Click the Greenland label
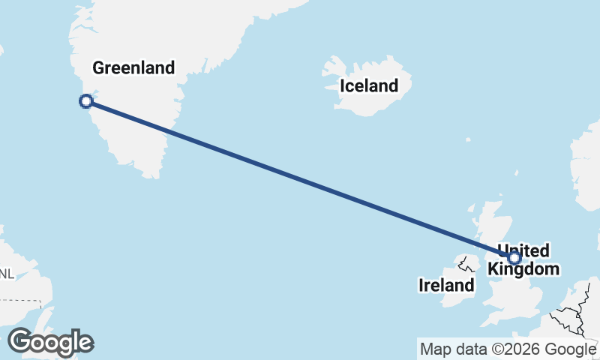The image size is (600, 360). pyautogui.click(x=133, y=68)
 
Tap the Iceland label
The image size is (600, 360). pyautogui.click(x=369, y=85)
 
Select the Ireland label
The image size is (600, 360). pyautogui.click(x=446, y=285)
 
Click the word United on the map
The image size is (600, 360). pyautogui.click(x=523, y=250)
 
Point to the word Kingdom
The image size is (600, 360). pyautogui.click(x=523, y=268)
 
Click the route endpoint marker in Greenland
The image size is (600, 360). pyautogui.click(x=86, y=101)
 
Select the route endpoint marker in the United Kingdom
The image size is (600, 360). pyautogui.click(x=514, y=258)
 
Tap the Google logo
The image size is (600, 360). pyautogui.click(x=50, y=343)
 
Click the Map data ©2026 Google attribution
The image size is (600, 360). pyautogui.click(x=508, y=349)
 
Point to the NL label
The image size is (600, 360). pyautogui.click(x=5, y=273)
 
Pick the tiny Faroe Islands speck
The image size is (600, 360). pyautogui.click(x=467, y=139)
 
